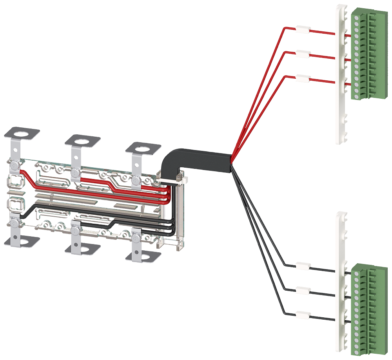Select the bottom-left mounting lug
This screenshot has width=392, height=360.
20,237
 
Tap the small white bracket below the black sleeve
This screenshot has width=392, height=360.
172,181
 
